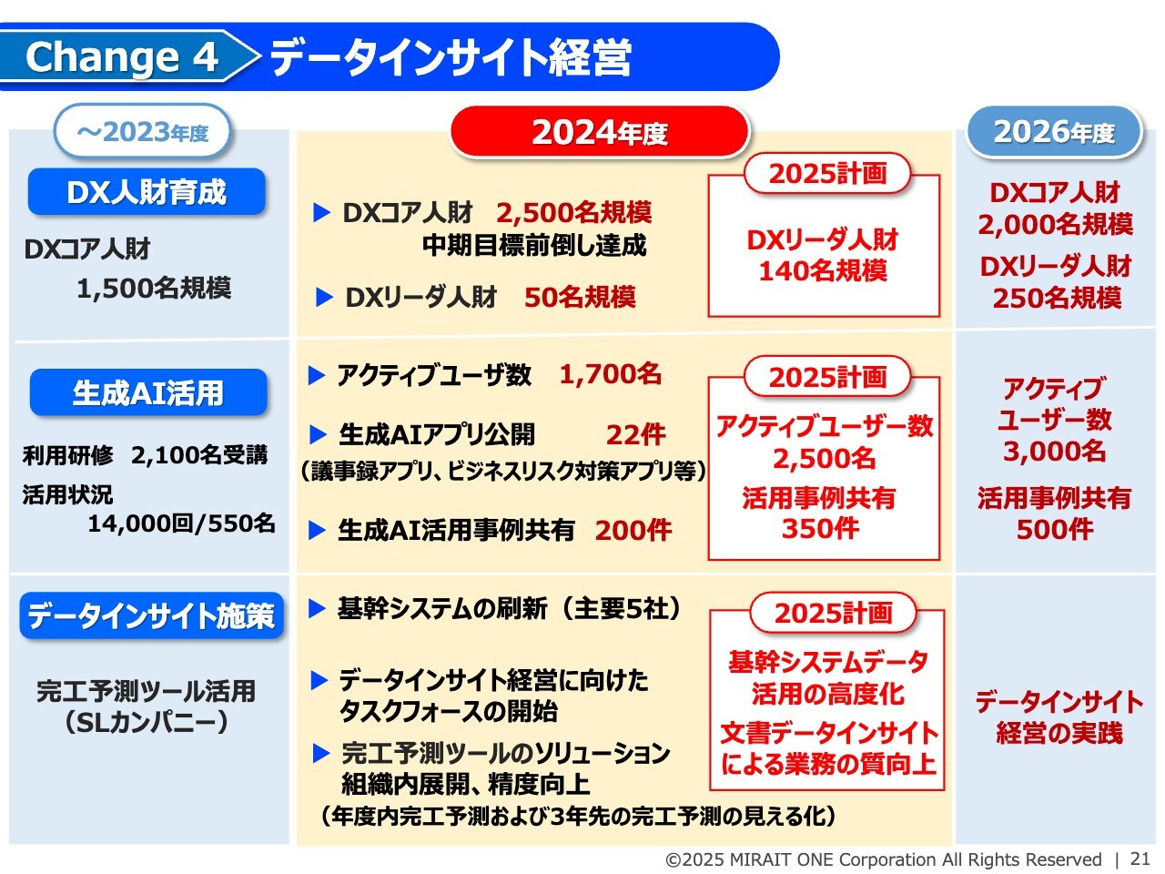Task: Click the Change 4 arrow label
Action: coord(125,56)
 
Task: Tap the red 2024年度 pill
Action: coord(600,132)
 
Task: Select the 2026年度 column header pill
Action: coord(1054,132)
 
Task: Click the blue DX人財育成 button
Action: coord(147,191)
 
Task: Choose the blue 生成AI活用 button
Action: coord(148,392)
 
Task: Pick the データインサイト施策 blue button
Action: coord(151,615)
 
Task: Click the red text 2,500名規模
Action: coord(573,213)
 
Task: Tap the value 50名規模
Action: coord(580,297)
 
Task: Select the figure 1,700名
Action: coord(611,374)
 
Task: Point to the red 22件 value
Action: coord(636,435)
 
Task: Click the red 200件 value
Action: coord(633,530)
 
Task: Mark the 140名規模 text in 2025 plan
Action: coord(823,270)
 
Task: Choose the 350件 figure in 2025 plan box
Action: coord(820,529)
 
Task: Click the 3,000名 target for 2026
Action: coord(1054,452)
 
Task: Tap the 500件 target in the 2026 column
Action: coord(1055,529)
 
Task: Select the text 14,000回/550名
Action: coord(181,523)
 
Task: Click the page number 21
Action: coord(1140,859)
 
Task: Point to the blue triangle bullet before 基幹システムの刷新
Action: coord(317,609)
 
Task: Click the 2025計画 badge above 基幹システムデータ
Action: coord(833,613)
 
